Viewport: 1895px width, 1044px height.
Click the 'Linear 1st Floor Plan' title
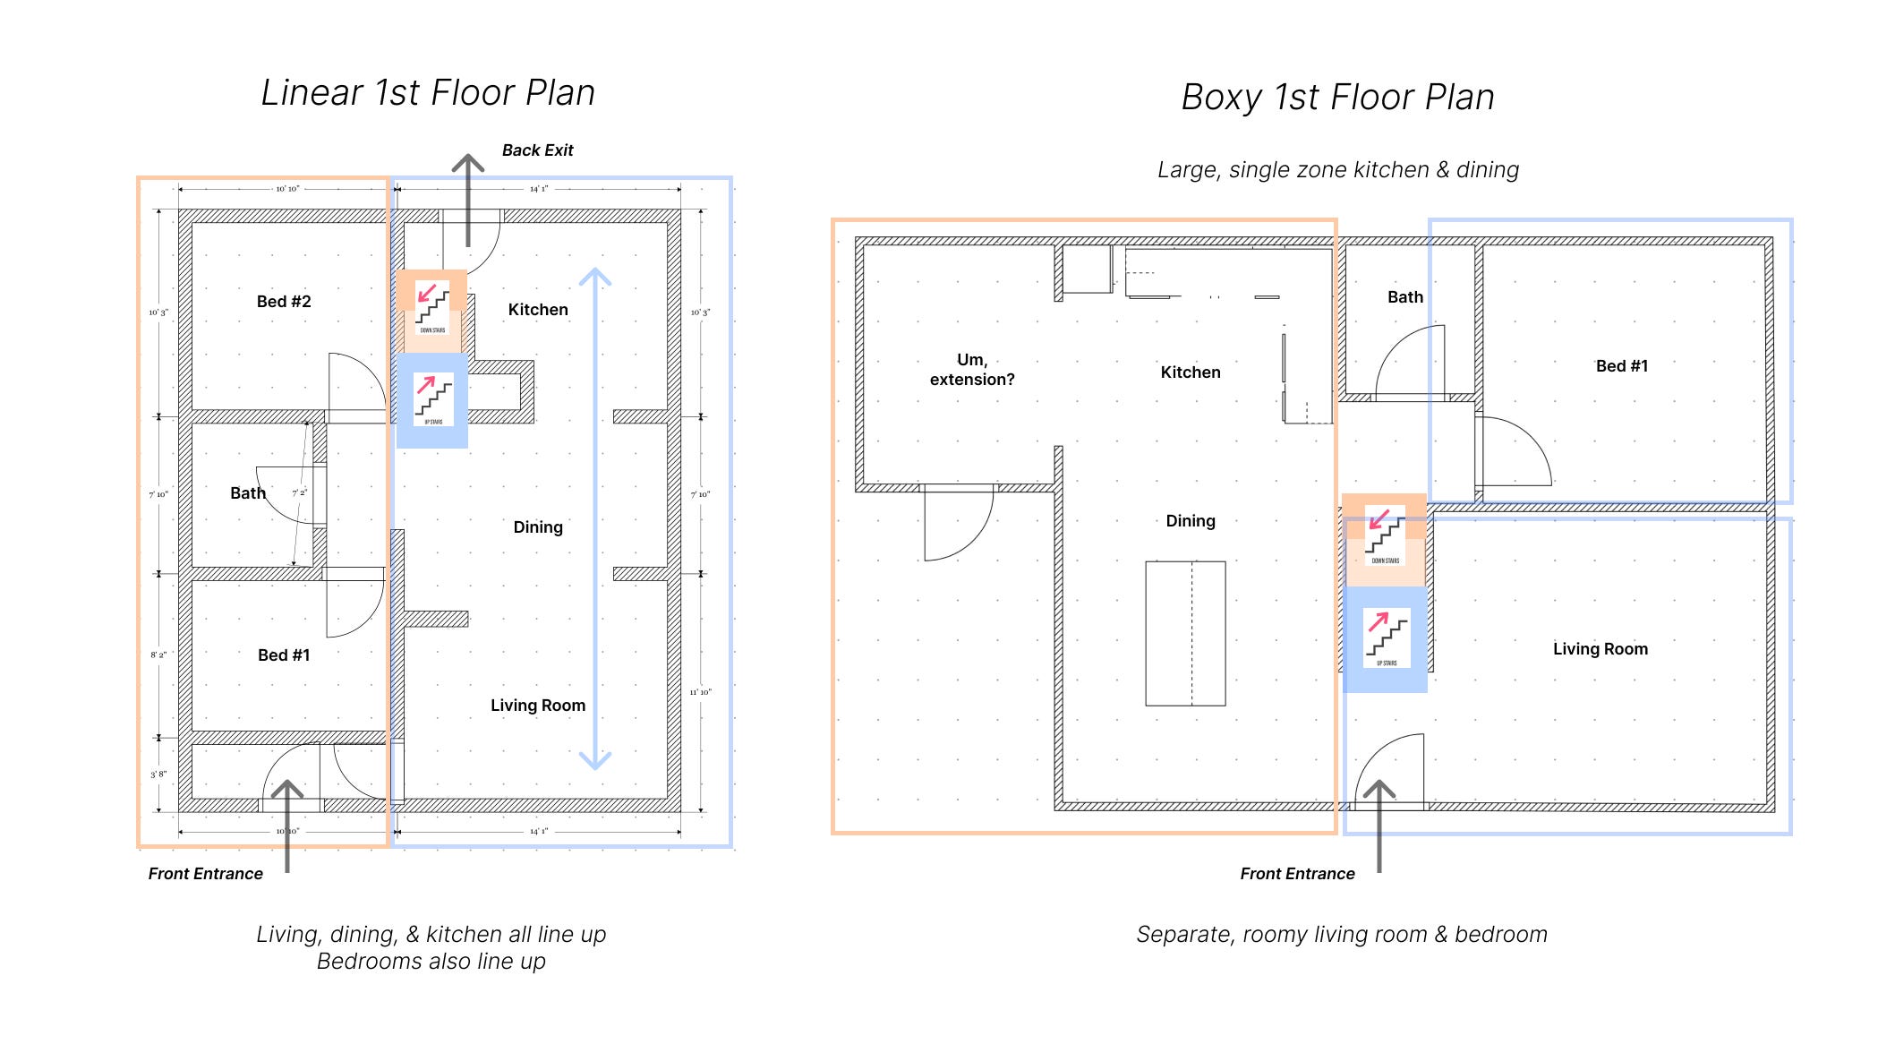[x=428, y=93]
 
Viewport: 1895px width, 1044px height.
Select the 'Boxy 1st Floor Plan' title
[x=1337, y=98]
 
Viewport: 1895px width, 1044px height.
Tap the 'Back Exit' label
[x=537, y=150]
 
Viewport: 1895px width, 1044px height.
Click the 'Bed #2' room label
[x=284, y=302]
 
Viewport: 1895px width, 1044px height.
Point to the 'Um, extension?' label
[x=972, y=369]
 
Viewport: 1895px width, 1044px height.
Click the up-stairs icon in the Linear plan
[x=433, y=399]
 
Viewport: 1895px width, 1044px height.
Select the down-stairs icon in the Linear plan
[x=432, y=306]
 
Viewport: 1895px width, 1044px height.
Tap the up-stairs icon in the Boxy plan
[x=1386, y=636]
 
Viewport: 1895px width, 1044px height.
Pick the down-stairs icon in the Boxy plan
[x=1385, y=534]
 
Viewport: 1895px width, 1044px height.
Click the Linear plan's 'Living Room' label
[x=538, y=706]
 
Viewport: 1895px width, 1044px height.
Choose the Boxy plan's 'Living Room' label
[x=1600, y=649]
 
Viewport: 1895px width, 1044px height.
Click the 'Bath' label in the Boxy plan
[x=1404, y=297]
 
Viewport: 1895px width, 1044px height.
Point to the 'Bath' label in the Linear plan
[x=248, y=493]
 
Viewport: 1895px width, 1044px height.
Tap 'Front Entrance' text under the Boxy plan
[x=1297, y=874]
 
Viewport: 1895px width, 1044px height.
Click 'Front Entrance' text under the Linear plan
[x=205, y=874]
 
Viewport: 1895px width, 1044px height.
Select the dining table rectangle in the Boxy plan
[x=1185, y=633]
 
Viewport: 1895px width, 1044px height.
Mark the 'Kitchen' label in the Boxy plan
[x=1190, y=372]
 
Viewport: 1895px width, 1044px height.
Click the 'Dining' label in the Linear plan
[x=538, y=527]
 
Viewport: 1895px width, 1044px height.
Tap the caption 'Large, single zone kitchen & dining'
[x=1337, y=170]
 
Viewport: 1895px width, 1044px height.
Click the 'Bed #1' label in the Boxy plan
[x=1621, y=366]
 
